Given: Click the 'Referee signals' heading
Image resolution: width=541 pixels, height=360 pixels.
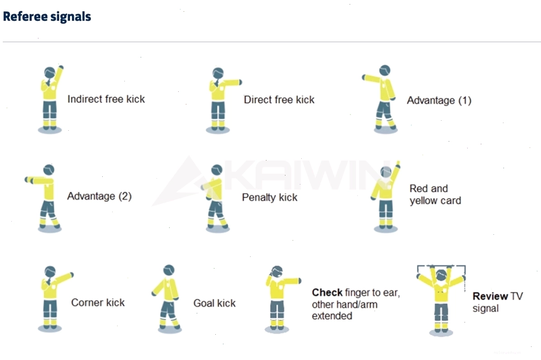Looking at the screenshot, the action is point(47,17).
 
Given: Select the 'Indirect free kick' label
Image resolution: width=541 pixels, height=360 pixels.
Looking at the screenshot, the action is point(106,99).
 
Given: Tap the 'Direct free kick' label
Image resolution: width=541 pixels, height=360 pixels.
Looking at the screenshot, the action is point(279,99).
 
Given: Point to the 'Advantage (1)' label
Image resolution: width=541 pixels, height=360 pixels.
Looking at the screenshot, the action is point(439,100).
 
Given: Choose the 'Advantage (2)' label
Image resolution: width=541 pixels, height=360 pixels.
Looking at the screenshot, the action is point(99,196).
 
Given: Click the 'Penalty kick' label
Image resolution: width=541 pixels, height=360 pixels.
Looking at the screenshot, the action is point(270,197).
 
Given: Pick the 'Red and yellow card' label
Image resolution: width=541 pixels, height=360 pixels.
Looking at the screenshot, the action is point(435,194).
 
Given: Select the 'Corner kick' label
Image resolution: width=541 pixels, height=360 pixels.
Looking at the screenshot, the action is point(98,303).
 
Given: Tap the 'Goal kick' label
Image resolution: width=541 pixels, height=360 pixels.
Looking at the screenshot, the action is point(214,303).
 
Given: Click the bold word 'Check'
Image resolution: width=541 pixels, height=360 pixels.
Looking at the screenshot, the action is point(327,293).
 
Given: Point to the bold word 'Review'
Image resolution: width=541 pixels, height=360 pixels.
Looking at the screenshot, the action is point(490,296).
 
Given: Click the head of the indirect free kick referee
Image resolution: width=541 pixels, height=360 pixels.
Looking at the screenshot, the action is point(50,73).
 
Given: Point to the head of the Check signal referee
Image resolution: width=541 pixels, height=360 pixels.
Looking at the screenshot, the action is point(277,272).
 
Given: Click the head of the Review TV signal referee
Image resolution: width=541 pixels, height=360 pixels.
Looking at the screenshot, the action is point(441,275).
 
